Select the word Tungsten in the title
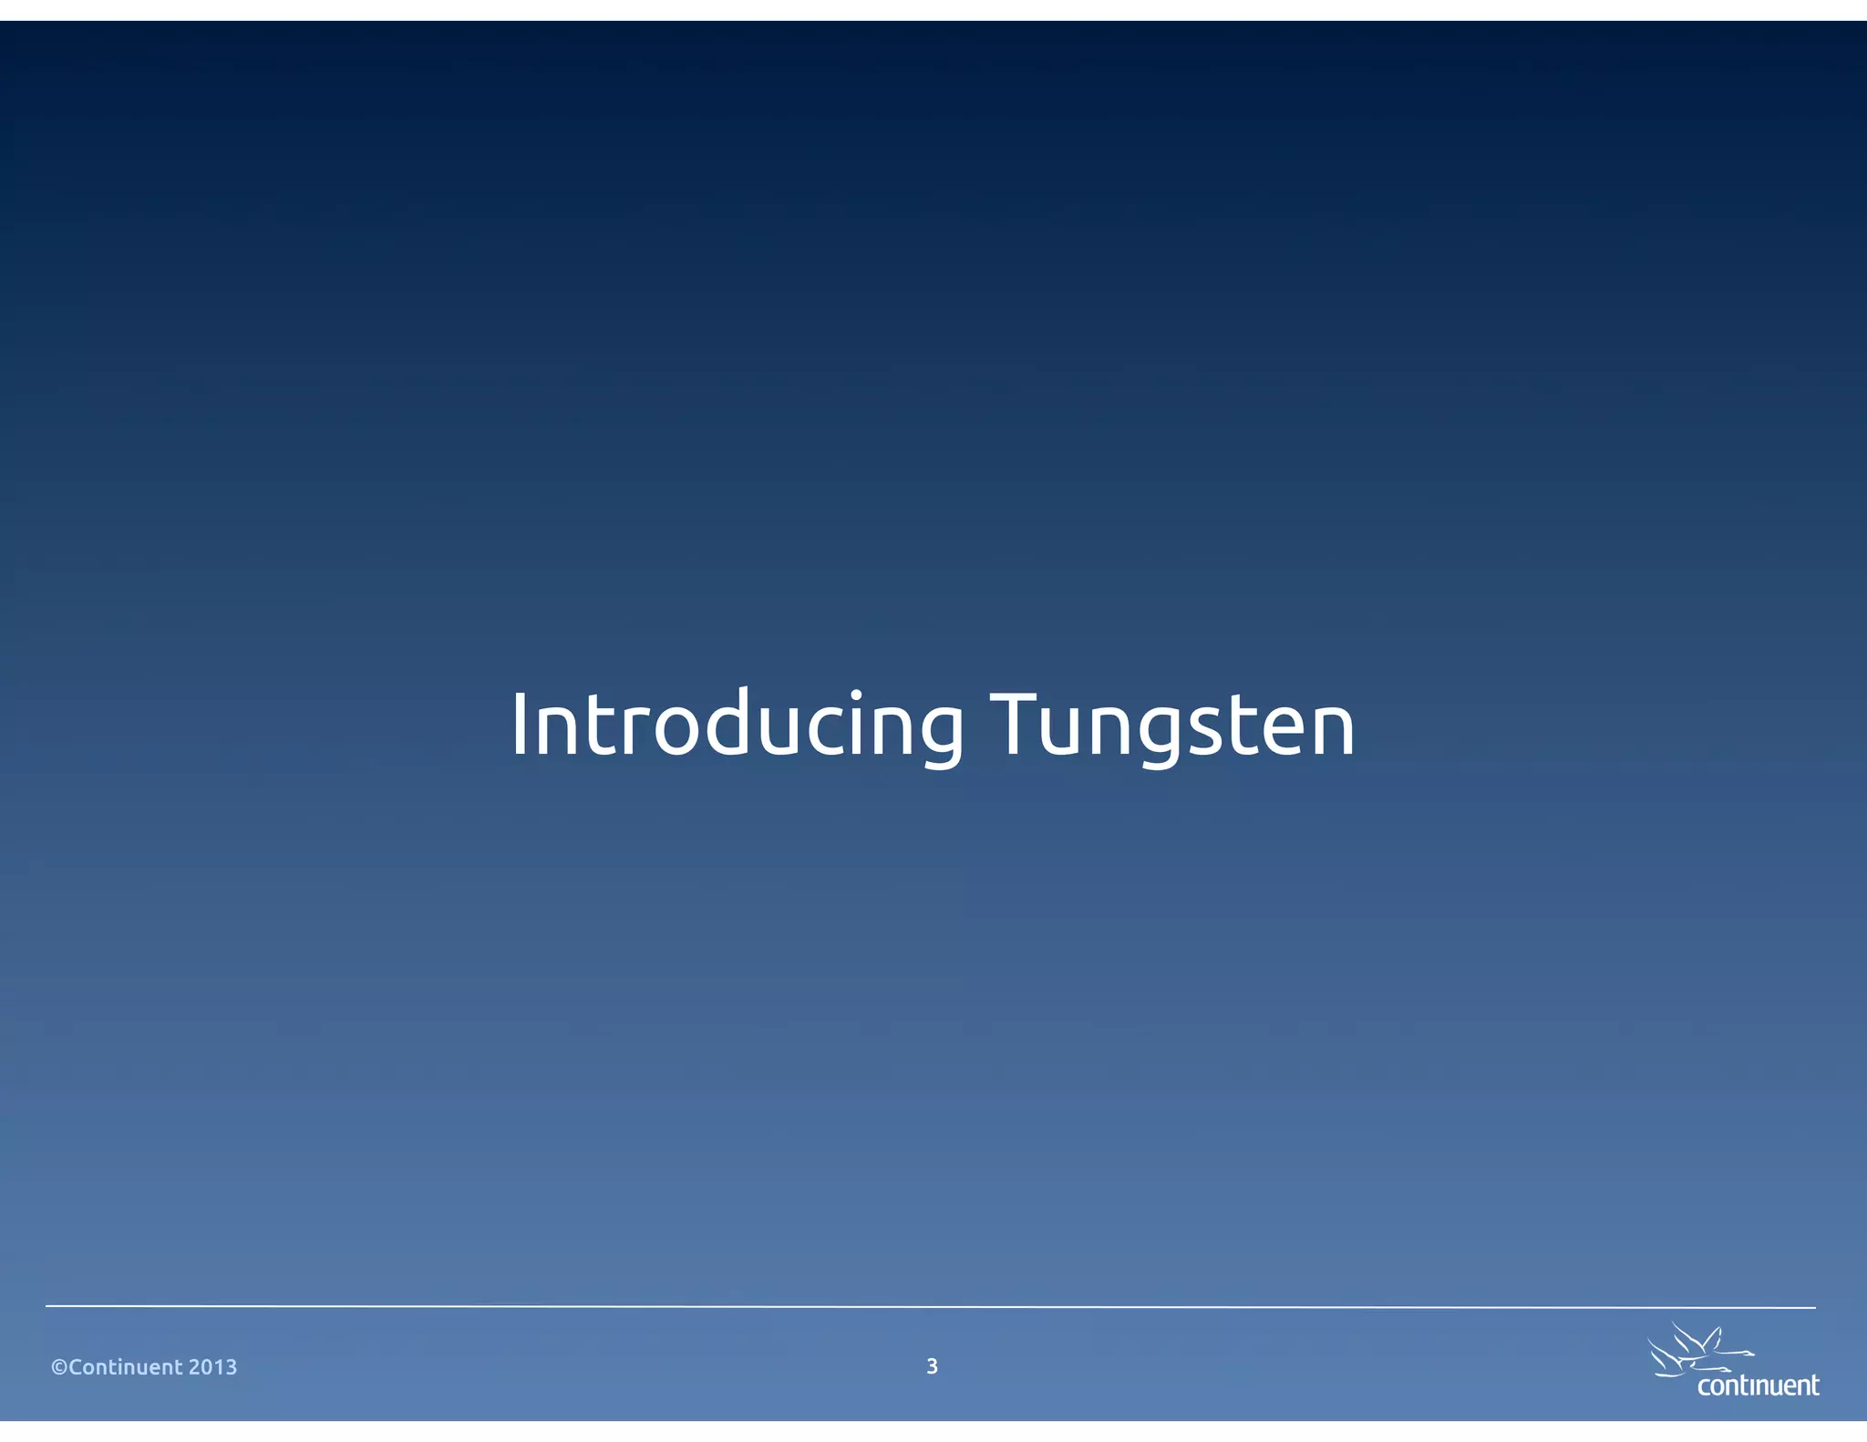pyautogui.click(x=1172, y=726)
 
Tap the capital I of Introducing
pyautogui.click(x=520, y=726)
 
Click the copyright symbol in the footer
pyautogui.click(x=59, y=1367)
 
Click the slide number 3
pyautogui.click(x=932, y=1365)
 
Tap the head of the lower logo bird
pyautogui.click(x=1725, y=1370)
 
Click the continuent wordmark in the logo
pyautogui.click(x=1758, y=1386)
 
